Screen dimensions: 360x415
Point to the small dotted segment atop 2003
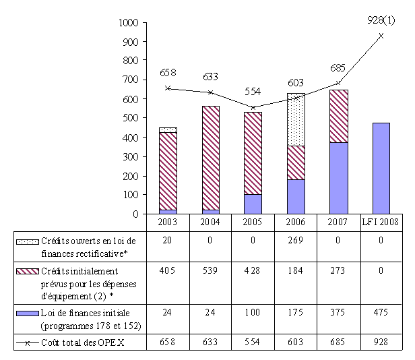(168, 129)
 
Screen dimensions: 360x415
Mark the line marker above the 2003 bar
(168, 88)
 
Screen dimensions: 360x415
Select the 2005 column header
(253, 222)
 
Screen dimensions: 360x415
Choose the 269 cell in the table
(296, 240)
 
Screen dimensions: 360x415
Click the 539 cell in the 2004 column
(210, 270)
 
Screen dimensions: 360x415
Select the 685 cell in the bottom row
(338, 342)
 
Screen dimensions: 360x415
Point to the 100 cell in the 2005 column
(253, 312)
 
